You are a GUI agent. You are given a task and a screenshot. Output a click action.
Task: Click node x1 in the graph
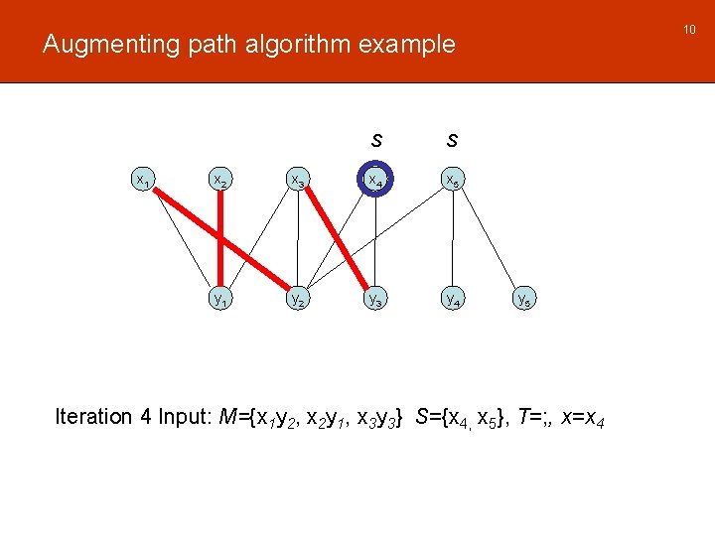(x=143, y=181)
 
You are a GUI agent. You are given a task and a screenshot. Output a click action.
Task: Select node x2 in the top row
(x=219, y=181)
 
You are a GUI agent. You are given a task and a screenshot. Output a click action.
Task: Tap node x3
(x=297, y=181)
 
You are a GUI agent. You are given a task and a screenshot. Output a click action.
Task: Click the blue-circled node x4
(x=375, y=180)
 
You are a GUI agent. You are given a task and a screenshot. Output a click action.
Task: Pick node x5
(x=453, y=181)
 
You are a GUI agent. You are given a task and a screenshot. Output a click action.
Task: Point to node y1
(x=219, y=299)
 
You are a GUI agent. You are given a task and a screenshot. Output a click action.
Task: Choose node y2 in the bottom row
(x=297, y=299)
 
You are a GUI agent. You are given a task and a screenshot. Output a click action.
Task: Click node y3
(x=375, y=299)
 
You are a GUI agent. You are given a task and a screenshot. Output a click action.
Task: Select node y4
(x=453, y=299)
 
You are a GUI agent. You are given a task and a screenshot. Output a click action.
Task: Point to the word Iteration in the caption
(x=93, y=417)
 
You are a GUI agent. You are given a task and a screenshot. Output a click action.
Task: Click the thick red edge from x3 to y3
(x=336, y=239)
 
